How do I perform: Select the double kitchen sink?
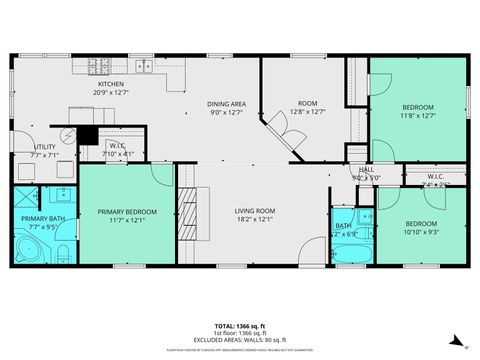click(x=145, y=67)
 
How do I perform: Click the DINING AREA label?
click(x=226, y=104)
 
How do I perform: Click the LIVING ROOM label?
click(x=256, y=211)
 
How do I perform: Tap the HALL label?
click(x=367, y=170)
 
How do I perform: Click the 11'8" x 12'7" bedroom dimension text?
click(x=418, y=115)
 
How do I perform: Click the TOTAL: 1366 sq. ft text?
click(x=240, y=326)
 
